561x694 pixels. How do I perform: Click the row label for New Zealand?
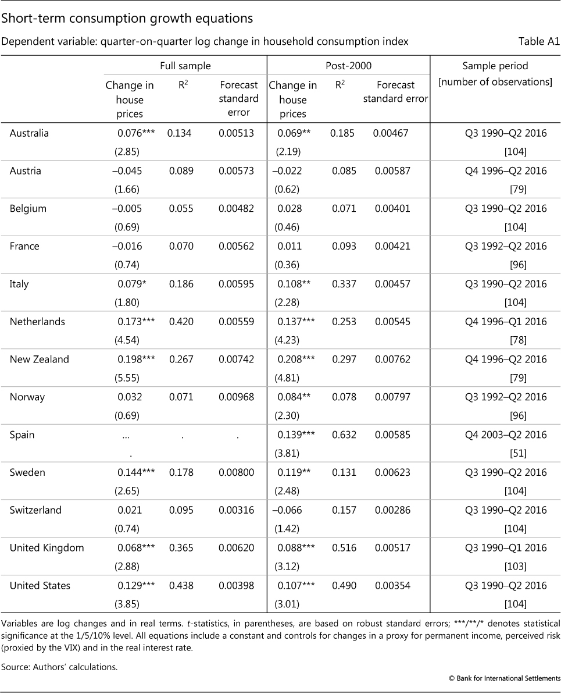click(x=39, y=360)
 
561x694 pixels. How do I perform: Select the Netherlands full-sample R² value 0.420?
click(x=180, y=322)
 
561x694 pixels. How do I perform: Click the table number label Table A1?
click(x=539, y=41)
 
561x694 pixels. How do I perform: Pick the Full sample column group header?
click(x=185, y=66)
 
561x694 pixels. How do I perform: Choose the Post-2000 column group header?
click(x=348, y=66)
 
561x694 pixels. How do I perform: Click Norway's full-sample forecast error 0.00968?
click(x=236, y=397)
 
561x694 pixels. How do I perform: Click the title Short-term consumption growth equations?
click(x=127, y=19)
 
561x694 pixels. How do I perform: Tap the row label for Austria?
click(x=26, y=171)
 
